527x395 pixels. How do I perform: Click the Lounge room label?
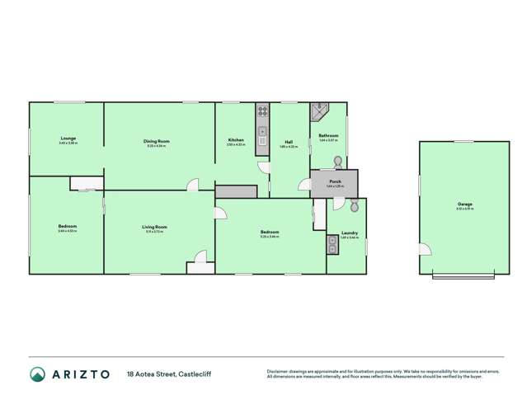(68, 139)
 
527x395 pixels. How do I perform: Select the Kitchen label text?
(236, 141)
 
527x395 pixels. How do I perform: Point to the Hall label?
(289, 141)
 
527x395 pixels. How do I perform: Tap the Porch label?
(335, 181)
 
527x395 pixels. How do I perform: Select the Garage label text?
(465, 203)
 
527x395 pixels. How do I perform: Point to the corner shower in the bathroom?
(318, 111)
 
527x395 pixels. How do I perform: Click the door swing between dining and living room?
(192, 185)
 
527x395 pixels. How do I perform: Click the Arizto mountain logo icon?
(38, 374)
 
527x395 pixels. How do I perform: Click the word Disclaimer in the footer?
(279, 371)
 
